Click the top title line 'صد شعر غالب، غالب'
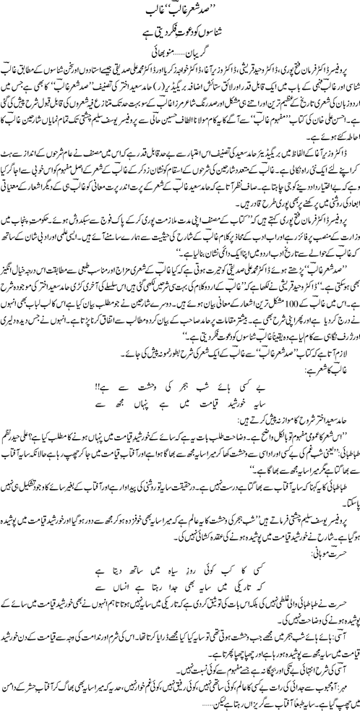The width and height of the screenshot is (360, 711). pos(181,9)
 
